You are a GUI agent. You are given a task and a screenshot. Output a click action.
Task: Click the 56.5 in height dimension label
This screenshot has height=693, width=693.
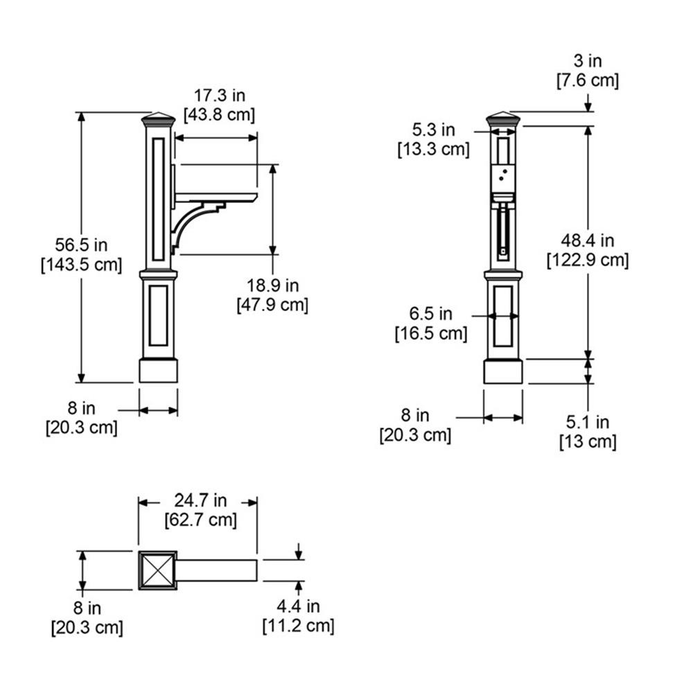point(81,245)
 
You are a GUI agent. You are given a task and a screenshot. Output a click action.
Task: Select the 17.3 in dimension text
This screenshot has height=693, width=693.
point(220,96)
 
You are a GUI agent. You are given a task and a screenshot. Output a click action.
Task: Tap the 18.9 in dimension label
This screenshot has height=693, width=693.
point(272,286)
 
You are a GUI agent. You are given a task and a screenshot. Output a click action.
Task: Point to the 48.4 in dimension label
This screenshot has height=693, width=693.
point(588,241)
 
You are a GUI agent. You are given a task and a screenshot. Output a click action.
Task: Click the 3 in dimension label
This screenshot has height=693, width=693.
point(588,61)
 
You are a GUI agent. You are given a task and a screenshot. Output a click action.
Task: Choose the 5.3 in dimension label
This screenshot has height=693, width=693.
point(434,130)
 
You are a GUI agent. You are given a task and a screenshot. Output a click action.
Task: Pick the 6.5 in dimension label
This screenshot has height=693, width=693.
point(431,314)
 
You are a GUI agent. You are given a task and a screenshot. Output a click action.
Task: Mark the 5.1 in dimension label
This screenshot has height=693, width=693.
point(588,422)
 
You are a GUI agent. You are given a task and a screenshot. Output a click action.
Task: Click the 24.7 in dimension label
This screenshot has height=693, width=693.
point(200,500)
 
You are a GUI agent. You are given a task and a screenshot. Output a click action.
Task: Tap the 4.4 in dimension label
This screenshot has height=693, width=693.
point(298,606)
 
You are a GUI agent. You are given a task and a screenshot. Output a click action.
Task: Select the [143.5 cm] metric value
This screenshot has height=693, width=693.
point(81,265)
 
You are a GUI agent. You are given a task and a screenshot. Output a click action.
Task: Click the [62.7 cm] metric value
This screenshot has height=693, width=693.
point(201,520)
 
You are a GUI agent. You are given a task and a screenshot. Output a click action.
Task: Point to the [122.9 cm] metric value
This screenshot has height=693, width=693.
point(588,260)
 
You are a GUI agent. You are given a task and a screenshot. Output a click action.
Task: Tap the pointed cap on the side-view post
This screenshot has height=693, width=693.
point(158,119)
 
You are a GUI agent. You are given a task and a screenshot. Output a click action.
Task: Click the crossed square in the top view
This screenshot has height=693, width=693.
point(158,570)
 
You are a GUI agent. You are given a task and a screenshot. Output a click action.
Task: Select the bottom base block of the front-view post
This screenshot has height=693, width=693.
point(503,371)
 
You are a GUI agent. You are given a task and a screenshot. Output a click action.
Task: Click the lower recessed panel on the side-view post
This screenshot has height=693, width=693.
point(158,315)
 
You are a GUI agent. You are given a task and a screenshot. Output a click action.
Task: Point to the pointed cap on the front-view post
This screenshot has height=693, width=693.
point(503,119)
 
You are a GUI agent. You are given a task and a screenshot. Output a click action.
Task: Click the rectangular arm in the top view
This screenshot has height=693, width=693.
point(217,570)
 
